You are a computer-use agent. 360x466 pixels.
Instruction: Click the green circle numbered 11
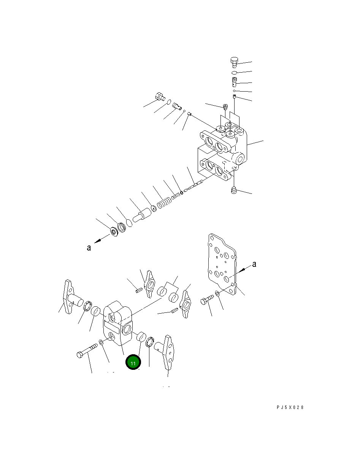point(133,362)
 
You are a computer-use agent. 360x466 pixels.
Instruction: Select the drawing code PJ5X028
point(290,407)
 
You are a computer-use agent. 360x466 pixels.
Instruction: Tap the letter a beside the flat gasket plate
point(254,264)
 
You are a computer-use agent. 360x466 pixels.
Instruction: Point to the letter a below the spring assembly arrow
point(89,248)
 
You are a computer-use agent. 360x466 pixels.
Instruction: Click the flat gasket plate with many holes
point(222,264)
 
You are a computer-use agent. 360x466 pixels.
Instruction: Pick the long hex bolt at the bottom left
point(87,350)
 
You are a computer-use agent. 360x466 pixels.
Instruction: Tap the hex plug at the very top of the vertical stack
point(234,62)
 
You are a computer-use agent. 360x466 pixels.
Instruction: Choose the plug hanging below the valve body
point(234,190)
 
